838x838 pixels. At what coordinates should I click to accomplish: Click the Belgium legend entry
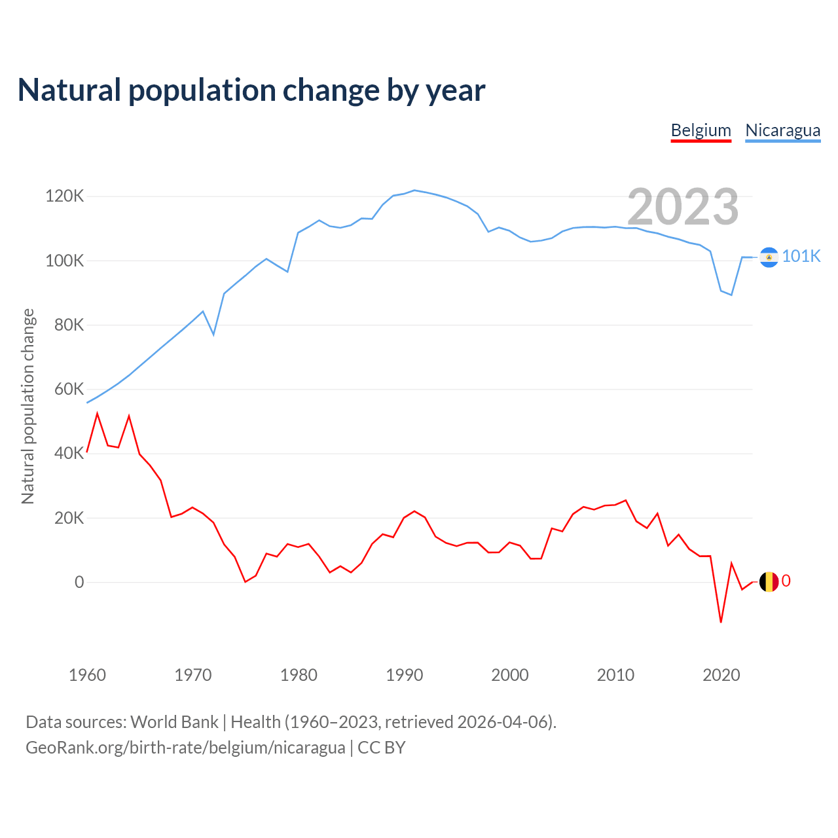(701, 130)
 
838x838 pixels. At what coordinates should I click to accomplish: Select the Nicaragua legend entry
(782, 130)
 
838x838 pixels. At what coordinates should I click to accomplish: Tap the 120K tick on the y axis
(64, 196)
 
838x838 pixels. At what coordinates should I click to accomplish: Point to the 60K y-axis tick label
(68, 390)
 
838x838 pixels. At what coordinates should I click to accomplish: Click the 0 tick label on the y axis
(79, 582)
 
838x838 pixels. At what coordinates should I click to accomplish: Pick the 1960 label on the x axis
(87, 675)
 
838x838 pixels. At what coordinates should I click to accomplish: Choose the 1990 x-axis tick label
(404, 675)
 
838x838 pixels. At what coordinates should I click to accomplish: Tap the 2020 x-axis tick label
(721, 675)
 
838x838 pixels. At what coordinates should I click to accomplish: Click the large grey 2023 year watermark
(683, 207)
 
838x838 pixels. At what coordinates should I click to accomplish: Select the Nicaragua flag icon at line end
(769, 257)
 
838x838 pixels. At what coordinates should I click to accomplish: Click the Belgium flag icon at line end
(769, 581)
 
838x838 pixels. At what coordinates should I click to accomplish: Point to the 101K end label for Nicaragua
(801, 256)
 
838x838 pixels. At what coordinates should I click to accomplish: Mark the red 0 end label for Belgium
(786, 581)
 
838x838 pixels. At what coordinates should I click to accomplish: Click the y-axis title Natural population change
(28, 406)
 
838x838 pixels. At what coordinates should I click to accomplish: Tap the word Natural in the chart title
(69, 90)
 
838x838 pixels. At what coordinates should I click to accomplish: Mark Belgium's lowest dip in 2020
(721, 622)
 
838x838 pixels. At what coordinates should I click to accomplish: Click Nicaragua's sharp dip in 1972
(213, 335)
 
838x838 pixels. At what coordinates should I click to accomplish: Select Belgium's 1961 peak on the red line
(98, 414)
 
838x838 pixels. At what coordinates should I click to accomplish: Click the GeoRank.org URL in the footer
(185, 747)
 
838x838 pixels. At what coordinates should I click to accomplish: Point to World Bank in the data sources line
(174, 721)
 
